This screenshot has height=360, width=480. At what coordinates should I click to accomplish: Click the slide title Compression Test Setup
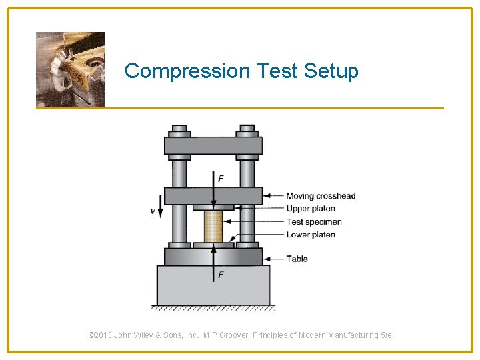(x=241, y=71)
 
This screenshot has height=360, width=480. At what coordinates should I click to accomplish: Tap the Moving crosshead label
(x=321, y=196)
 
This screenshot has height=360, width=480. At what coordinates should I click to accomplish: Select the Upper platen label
(x=311, y=209)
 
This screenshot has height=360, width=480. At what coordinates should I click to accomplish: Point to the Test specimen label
(x=314, y=221)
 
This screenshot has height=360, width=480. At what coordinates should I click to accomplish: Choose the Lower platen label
(x=311, y=235)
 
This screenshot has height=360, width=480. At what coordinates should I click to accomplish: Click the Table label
(x=297, y=259)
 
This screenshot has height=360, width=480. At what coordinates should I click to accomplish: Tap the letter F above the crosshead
(x=221, y=179)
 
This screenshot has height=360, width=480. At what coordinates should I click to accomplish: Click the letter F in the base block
(x=221, y=275)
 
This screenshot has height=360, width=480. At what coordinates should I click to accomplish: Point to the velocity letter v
(x=153, y=211)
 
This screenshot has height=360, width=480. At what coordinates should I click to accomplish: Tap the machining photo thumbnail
(x=70, y=69)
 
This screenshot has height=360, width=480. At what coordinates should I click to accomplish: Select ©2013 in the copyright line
(x=100, y=335)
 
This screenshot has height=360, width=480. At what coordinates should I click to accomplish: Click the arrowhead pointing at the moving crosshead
(x=267, y=196)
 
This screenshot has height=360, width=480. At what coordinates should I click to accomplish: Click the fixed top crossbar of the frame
(x=213, y=145)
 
